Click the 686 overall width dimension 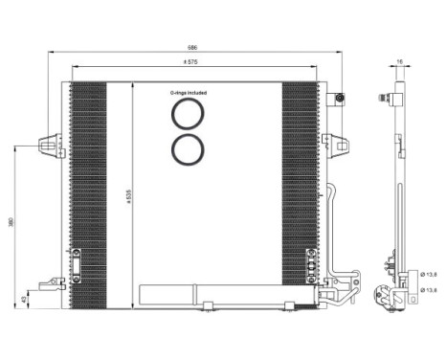coord(192,47)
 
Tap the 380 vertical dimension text coord(11,222)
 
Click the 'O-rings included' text coord(189,93)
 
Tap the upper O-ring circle coord(189,115)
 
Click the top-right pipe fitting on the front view coord(339,99)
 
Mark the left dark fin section coord(89,191)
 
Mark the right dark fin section coord(299,191)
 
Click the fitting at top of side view coord(386,97)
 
